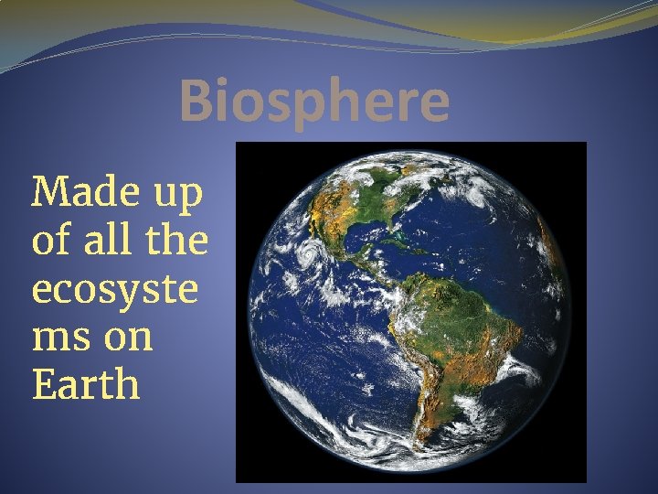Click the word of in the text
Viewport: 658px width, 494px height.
coord(52,241)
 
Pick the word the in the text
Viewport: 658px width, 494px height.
coord(177,241)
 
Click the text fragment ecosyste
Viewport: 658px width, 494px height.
coord(114,290)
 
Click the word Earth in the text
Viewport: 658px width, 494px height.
coord(86,384)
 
